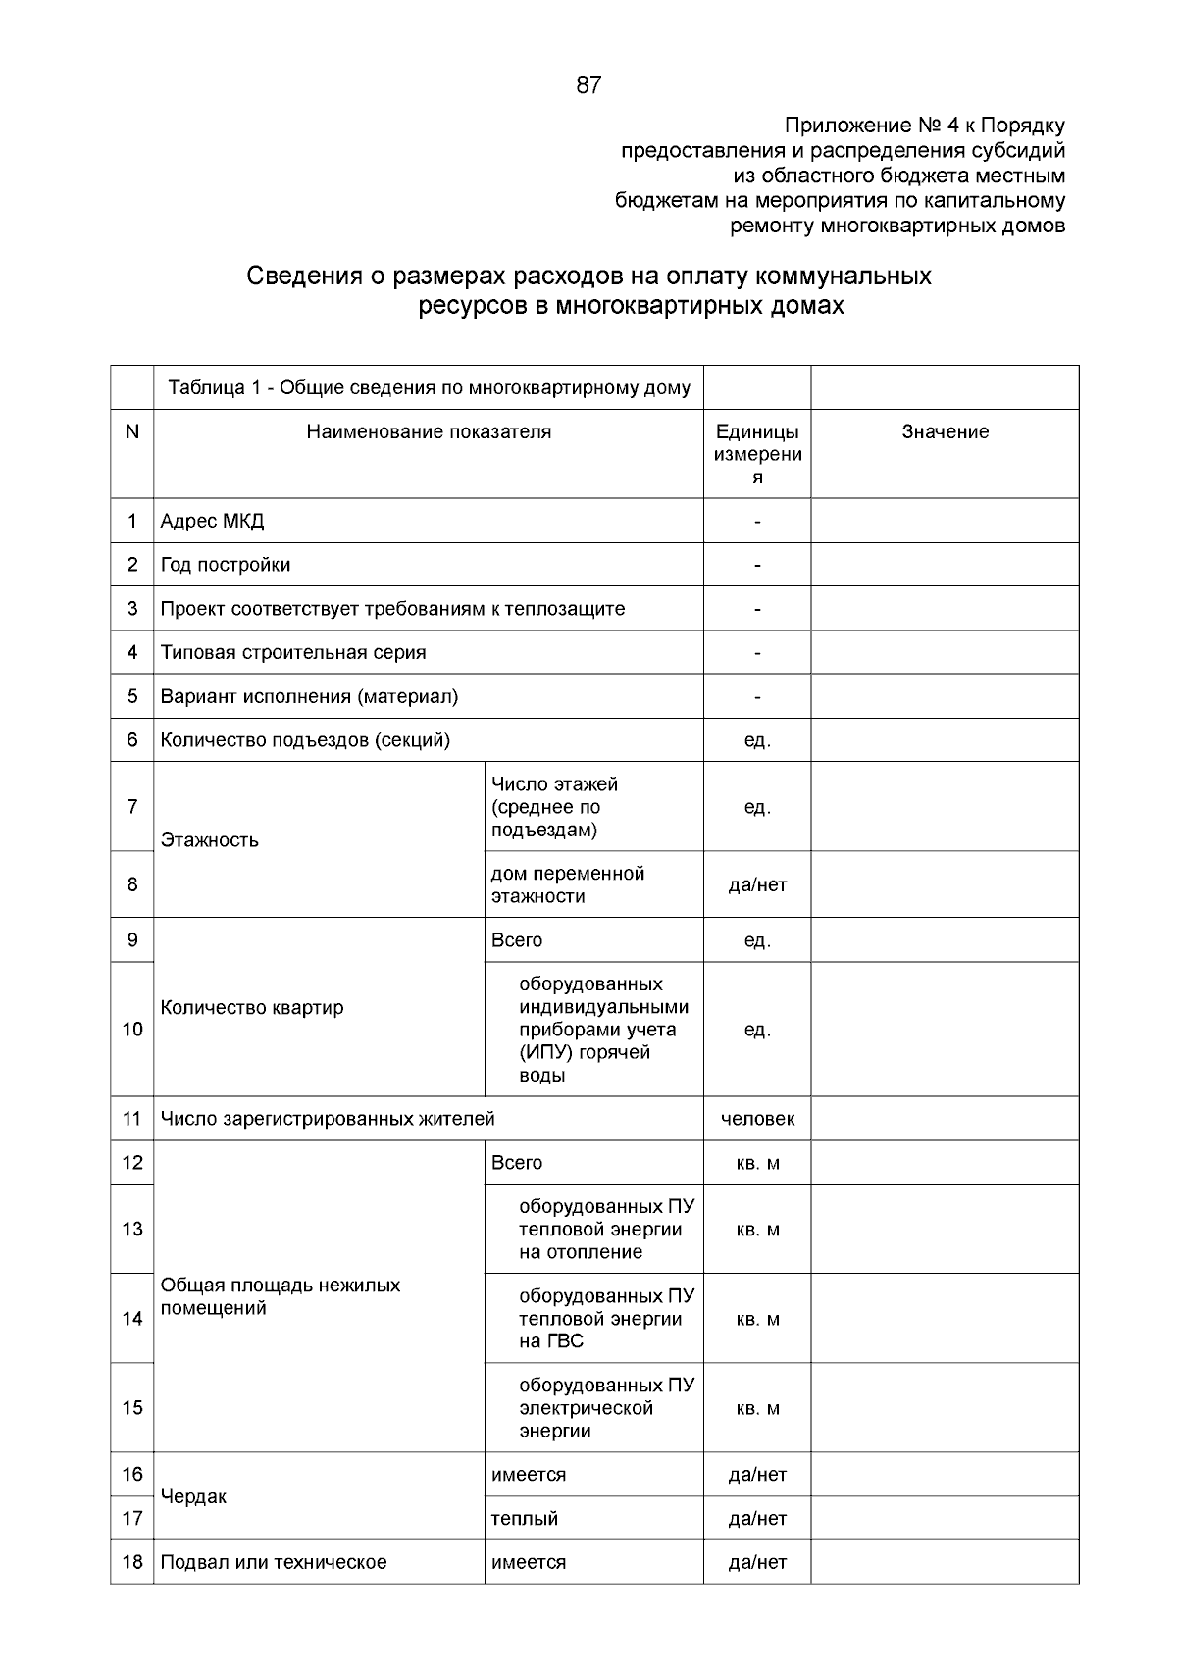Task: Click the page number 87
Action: (x=588, y=86)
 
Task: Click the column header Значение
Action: (x=945, y=432)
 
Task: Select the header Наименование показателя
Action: (x=429, y=432)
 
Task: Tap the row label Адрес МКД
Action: (x=212, y=522)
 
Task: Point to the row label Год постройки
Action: (x=226, y=566)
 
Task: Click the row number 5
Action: (x=132, y=697)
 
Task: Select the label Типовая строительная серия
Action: (x=293, y=653)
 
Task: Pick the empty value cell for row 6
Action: (x=945, y=740)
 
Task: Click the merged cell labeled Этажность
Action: (x=210, y=840)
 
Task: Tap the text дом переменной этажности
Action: (x=567, y=884)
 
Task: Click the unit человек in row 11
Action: (x=757, y=1119)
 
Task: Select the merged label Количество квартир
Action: (x=252, y=1008)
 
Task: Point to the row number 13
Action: (x=132, y=1230)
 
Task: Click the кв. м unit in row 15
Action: (x=757, y=1409)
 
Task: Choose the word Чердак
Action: (x=193, y=1497)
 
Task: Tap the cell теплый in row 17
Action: (x=525, y=1519)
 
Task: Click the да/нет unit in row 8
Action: (x=757, y=885)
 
